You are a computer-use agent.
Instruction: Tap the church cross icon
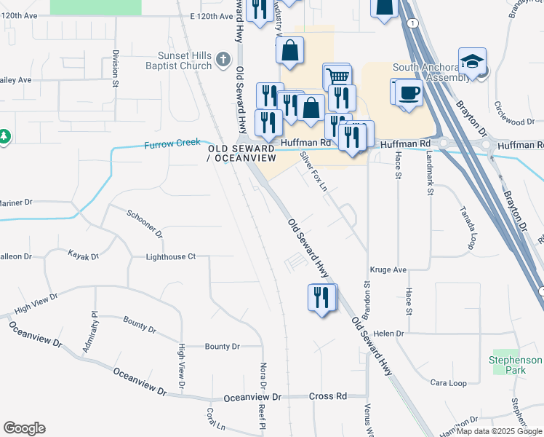[224, 59]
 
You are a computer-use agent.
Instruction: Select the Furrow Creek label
[172, 144]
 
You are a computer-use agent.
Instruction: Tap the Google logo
[24, 428]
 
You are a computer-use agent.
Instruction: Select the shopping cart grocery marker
[337, 76]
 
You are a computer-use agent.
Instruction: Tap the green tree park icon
[4, 136]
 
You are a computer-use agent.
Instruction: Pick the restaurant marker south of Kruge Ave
[321, 297]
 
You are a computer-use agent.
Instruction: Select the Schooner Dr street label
[144, 221]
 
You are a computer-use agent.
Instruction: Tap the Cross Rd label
[327, 397]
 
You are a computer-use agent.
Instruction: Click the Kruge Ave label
[388, 269]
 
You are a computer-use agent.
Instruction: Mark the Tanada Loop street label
[467, 227]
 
